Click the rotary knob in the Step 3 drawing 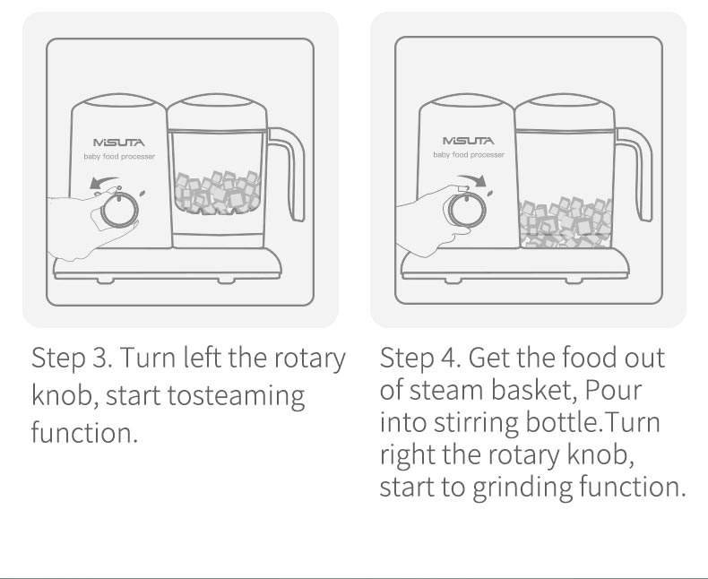[x=119, y=211]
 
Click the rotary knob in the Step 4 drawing [x=467, y=210]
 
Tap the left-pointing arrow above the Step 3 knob [x=105, y=182]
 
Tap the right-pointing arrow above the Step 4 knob [x=472, y=180]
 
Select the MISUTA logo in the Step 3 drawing [x=119, y=143]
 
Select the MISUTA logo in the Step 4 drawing [x=468, y=141]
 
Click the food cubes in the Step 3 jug [x=217, y=193]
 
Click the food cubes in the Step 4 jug [x=566, y=222]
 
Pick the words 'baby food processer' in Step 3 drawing [x=119, y=156]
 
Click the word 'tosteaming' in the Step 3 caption [x=237, y=395]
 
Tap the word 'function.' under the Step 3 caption [x=84, y=432]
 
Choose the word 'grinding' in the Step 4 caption [x=522, y=488]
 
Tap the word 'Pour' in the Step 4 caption [x=613, y=390]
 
